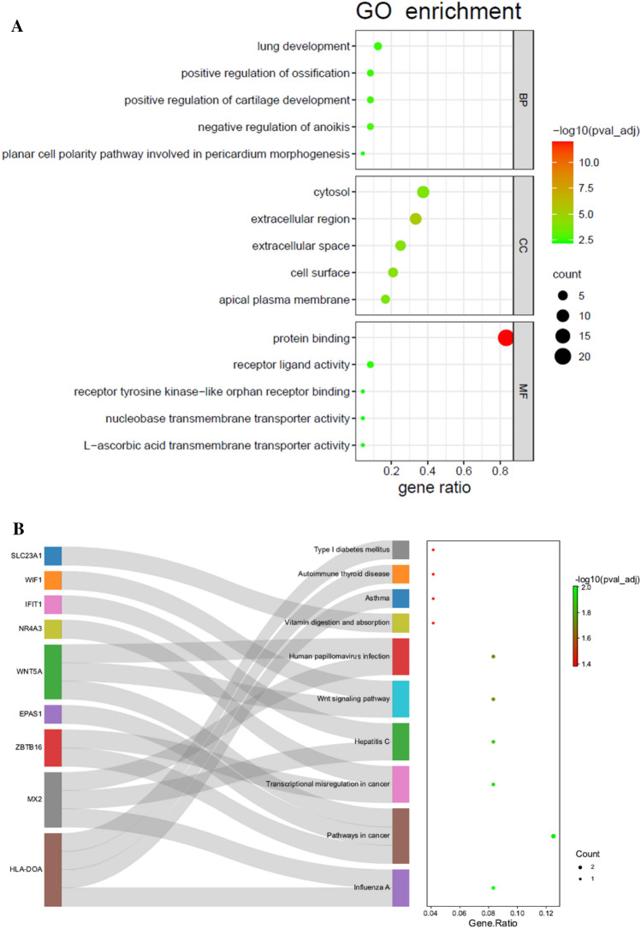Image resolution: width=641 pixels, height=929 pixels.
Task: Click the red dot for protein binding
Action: [x=506, y=337]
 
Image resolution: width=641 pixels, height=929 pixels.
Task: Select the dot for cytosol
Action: [x=423, y=192]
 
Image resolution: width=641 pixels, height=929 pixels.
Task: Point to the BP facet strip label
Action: [x=522, y=99]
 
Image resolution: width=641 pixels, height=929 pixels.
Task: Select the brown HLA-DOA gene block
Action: [x=53, y=869]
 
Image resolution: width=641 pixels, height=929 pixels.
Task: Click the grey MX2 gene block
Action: [x=53, y=799]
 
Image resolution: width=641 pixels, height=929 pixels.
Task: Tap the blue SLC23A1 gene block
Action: [x=53, y=556]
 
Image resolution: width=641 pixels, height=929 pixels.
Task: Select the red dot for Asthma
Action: [x=434, y=598]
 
